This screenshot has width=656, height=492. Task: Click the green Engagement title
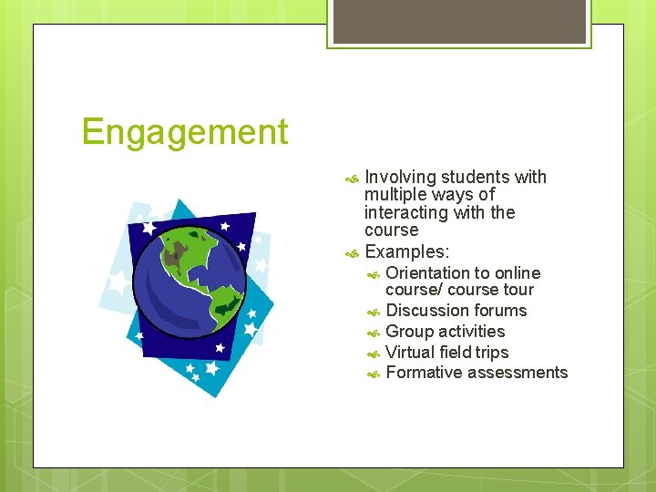[184, 133]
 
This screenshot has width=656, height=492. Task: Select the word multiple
[395, 195]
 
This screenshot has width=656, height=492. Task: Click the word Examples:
[406, 251]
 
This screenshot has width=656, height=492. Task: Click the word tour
[518, 290]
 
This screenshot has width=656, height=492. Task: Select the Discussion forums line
[456, 311]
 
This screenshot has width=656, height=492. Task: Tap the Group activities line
[445, 332]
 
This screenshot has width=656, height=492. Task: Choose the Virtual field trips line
[446, 353]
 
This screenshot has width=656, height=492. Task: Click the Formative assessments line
[477, 373]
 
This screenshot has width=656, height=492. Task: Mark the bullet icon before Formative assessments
[374, 374]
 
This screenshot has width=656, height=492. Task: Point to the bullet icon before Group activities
[374, 333]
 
